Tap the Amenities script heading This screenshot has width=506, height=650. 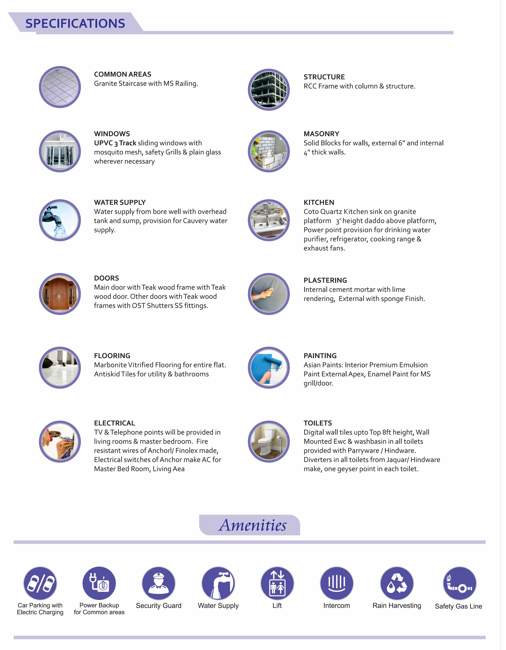point(253,525)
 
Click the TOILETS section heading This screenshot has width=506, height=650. point(318,423)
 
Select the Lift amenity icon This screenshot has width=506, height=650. point(277,583)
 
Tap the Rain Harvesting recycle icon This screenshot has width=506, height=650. point(397,583)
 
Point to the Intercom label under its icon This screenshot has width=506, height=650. point(337,606)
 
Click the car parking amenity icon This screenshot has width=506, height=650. point(40,583)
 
